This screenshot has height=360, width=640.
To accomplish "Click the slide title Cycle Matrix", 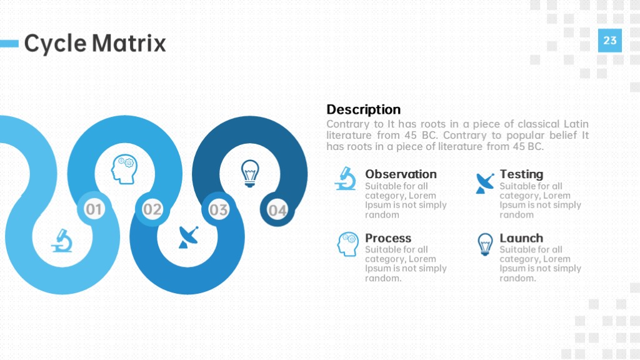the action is (95, 43).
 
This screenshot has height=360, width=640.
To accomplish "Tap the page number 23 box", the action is (610, 41).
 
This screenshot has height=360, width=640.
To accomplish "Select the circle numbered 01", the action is (94, 209).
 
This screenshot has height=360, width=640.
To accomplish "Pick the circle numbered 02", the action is (152, 209).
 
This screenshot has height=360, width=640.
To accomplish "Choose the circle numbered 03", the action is (218, 210).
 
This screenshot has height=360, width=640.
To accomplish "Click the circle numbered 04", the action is (277, 210).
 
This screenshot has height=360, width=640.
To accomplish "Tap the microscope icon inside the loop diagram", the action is (62, 241).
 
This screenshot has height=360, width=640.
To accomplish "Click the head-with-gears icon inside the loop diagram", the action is (124, 169).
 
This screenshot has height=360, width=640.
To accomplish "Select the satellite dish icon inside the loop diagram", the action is (189, 237).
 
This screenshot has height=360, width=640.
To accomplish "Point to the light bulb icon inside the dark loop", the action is (250, 173).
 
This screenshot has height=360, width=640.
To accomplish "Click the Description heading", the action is (363, 109).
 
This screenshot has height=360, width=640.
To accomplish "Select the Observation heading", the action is (401, 174).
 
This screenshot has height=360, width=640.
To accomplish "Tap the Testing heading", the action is (521, 174).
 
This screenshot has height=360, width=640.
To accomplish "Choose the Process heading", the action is (387, 238).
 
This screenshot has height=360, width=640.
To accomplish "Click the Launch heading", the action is (521, 238).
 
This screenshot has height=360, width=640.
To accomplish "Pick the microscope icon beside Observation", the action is (345, 178).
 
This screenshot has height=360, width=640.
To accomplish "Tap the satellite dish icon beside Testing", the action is (485, 183).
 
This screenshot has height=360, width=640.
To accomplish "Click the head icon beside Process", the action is (347, 244).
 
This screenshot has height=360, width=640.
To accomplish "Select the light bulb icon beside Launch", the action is (485, 244).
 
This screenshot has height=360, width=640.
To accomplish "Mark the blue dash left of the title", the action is (9, 43).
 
